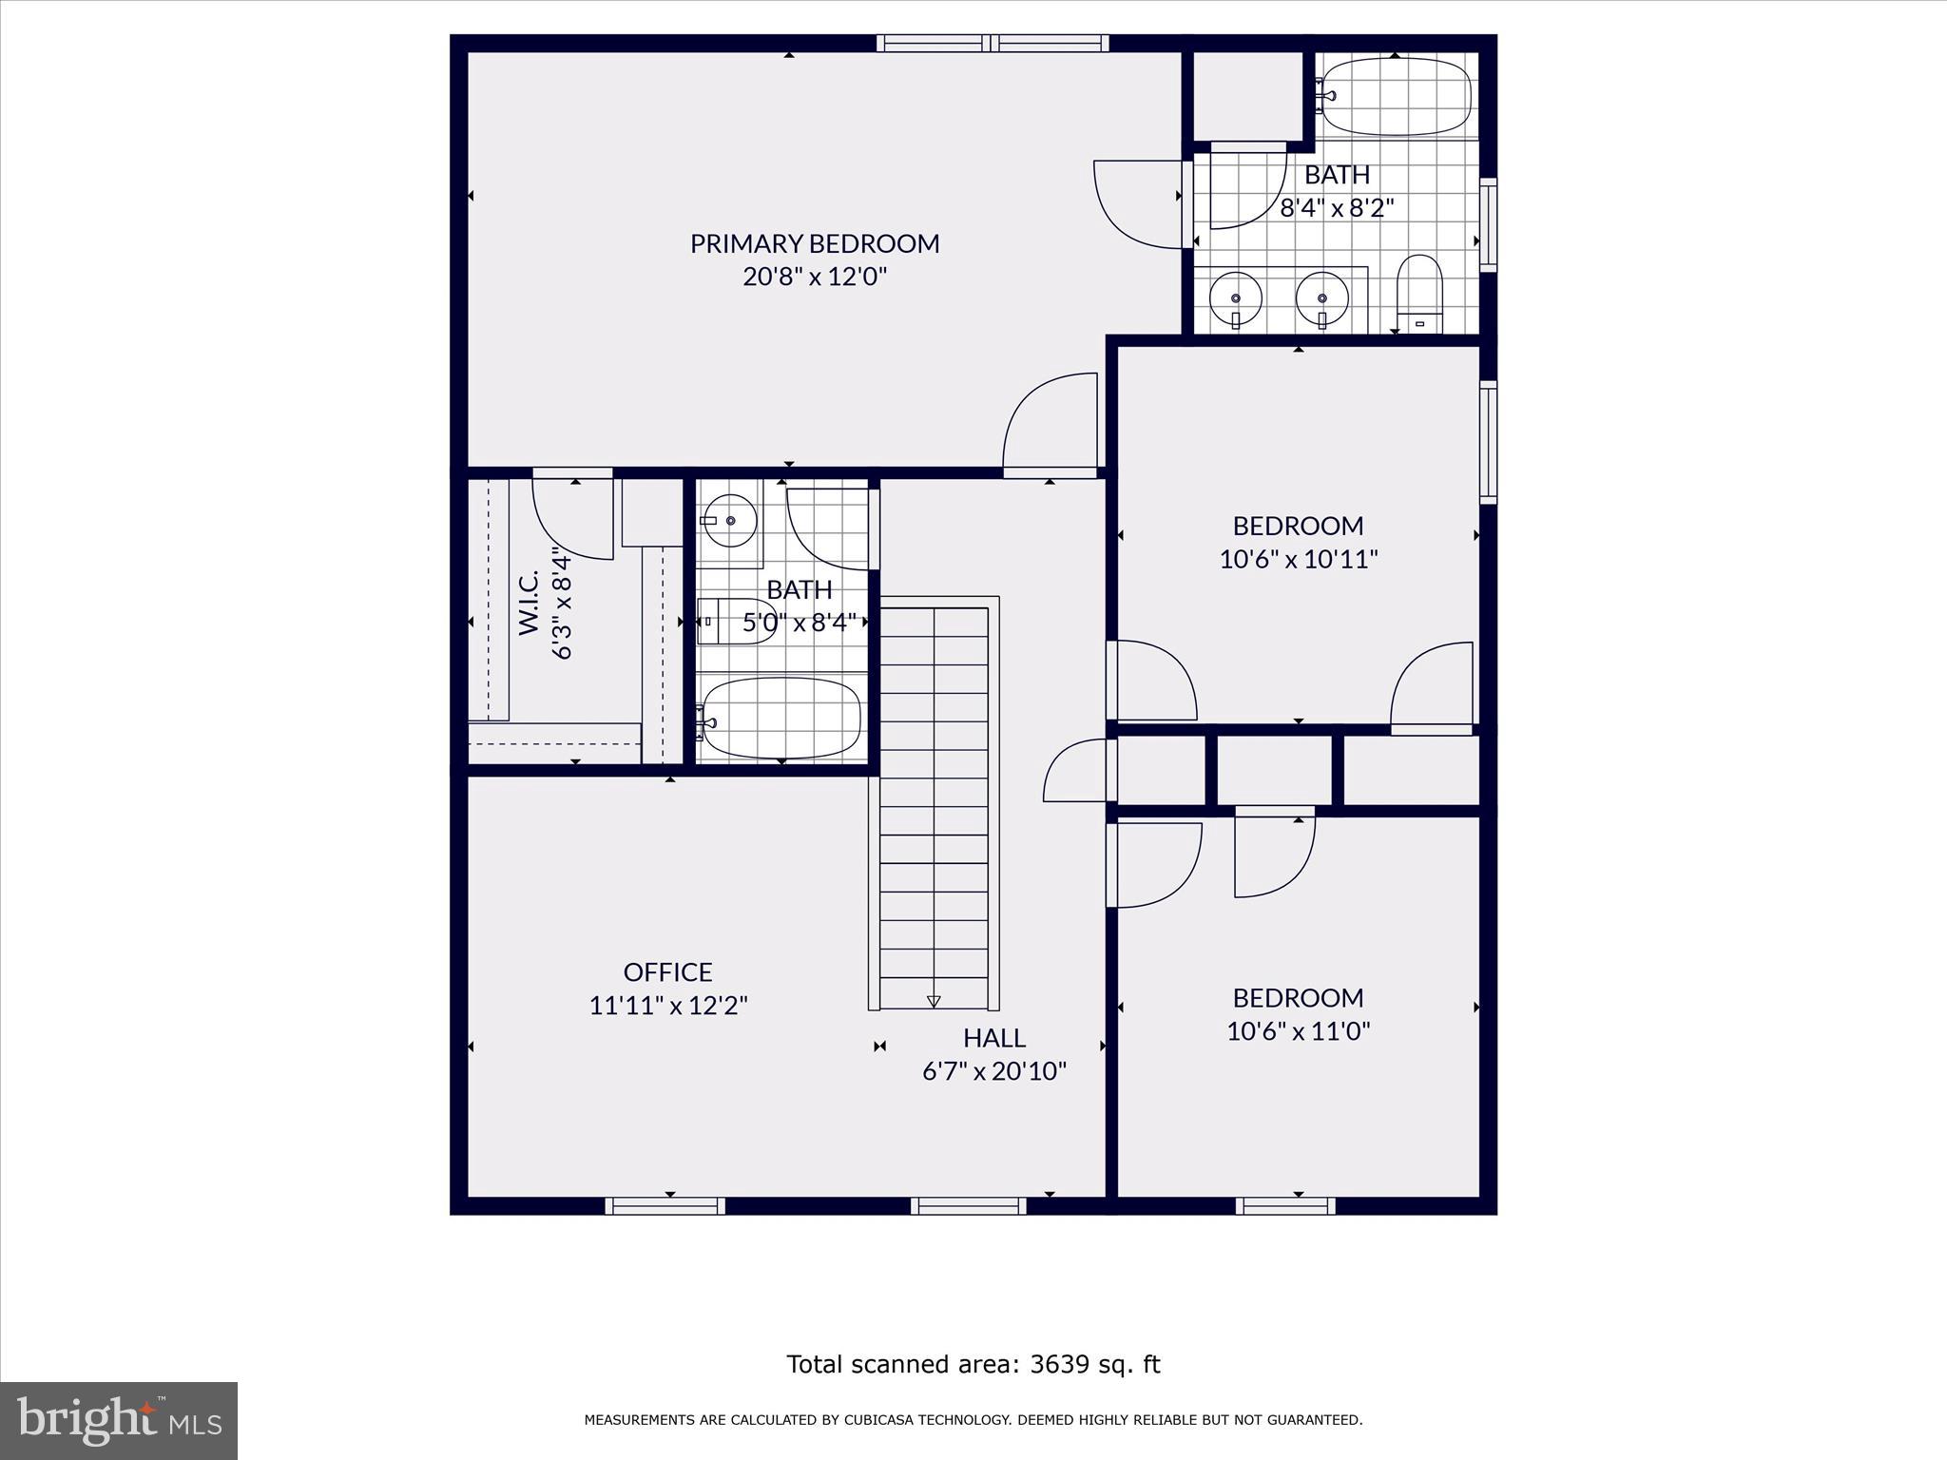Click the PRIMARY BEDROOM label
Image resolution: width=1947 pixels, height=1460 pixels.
(815, 243)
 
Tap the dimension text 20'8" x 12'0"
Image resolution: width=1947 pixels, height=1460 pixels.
(815, 277)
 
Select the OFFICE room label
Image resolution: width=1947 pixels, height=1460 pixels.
(667, 971)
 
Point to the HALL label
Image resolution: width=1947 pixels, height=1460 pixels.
(994, 1037)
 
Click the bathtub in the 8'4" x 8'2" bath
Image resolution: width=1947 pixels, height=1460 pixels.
(1396, 96)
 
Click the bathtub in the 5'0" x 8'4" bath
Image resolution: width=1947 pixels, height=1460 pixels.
(781, 719)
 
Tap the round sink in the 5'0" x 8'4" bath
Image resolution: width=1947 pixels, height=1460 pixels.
(729, 520)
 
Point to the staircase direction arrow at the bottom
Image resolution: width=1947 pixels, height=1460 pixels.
(934, 1001)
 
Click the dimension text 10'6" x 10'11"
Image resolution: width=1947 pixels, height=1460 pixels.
(1299, 558)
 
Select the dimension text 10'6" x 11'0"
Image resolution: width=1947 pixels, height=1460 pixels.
(1299, 1030)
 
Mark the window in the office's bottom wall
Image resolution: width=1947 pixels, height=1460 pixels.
(665, 1206)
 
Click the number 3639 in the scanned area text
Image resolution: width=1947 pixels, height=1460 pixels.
(1057, 1364)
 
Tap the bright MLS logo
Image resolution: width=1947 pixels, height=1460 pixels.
(119, 1420)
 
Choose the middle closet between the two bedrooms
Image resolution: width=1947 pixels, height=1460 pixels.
(1274, 770)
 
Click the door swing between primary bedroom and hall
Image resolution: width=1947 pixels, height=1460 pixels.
(1051, 424)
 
